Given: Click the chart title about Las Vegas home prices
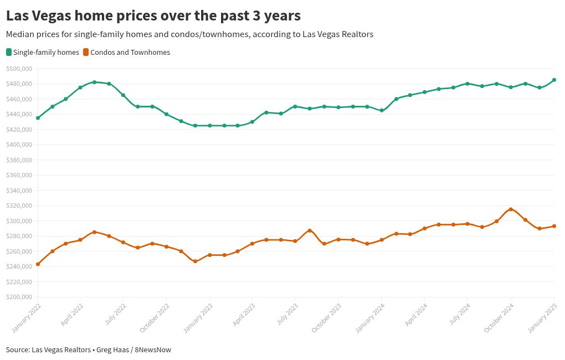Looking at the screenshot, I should point(153,15).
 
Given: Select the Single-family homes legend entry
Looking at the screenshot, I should point(43,53).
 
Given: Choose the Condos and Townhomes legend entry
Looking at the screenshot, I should point(126,53).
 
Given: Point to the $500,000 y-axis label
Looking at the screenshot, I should point(19,69).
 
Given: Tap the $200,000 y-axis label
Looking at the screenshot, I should point(19,297).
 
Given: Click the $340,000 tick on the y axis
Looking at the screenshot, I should point(19,191).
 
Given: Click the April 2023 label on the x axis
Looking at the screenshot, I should point(243,316).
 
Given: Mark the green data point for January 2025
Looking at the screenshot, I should point(554,80).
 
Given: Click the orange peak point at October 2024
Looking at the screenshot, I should point(511,209).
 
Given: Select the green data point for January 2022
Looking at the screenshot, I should point(38,118).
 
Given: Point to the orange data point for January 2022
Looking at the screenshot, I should point(38,264).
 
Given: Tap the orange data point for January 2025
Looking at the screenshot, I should point(554,226).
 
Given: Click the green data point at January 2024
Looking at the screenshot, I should point(382,110).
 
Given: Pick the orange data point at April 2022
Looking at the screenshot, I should point(80,240).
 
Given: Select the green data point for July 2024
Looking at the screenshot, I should point(468,84).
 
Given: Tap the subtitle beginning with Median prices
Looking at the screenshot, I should point(189,34).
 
